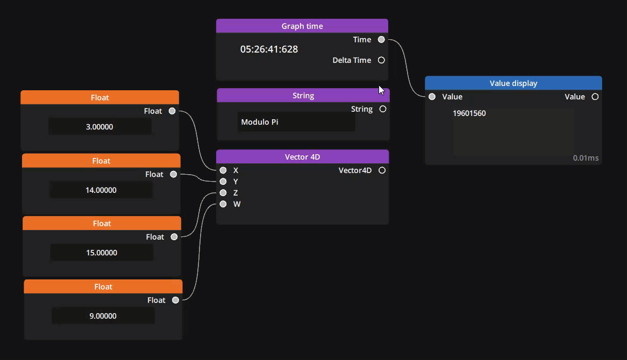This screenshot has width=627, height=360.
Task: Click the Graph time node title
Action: (x=302, y=26)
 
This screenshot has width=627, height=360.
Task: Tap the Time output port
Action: (x=381, y=39)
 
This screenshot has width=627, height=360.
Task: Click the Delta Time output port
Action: (x=381, y=60)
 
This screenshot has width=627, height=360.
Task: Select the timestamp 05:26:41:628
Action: (x=269, y=49)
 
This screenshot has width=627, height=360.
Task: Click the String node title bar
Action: (x=303, y=96)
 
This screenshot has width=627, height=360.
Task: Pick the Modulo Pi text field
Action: (x=296, y=122)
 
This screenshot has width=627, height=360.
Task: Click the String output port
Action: (x=383, y=109)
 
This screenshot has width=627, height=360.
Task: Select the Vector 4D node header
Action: (x=302, y=157)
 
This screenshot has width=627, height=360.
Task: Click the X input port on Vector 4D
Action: (x=223, y=170)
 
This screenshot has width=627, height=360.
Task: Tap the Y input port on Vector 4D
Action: (x=223, y=182)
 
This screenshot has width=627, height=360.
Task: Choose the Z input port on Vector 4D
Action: (x=223, y=193)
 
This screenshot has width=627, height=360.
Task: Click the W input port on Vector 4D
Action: (x=223, y=204)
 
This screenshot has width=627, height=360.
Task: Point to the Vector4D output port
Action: (x=382, y=170)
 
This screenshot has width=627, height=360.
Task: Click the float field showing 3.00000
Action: (x=100, y=127)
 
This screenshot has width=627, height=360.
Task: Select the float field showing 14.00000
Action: (x=101, y=190)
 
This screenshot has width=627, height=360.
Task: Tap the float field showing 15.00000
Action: (x=102, y=253)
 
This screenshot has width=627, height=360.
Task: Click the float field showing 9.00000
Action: (x=103, y=316)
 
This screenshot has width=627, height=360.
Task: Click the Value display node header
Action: (x=513, y=83)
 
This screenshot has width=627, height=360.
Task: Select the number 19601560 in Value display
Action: (x=469, y=113)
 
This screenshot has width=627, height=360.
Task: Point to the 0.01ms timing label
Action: (x=586, y=158)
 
